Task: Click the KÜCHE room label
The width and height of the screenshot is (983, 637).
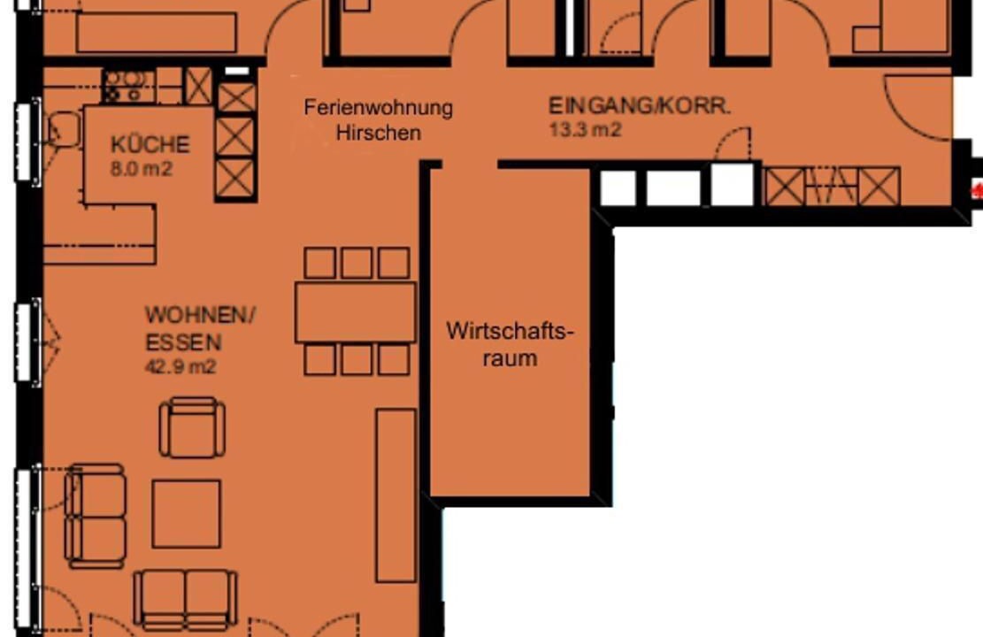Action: click(150, 144)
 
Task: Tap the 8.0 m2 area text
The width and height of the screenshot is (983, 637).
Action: click(141, 169)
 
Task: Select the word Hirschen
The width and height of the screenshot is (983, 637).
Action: click(378, 133)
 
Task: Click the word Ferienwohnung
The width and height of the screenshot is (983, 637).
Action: click(378, 107)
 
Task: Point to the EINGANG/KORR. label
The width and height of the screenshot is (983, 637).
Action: click(640, 105)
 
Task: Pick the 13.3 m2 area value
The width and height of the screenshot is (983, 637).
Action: click(585, 130)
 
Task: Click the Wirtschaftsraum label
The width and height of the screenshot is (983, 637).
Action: click(510, 344)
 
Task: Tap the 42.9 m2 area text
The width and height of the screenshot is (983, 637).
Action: click(180, 366)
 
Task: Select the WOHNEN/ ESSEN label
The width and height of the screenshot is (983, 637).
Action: click(200, 328)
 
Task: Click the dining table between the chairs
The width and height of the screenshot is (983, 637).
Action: click(356, 312)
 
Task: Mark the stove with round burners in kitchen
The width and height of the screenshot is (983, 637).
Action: click(128, 87)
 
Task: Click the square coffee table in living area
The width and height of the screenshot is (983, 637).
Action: click(186, 514)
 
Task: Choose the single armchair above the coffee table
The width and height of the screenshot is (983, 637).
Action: click(192, 427)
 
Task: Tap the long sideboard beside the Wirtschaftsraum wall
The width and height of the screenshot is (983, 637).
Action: click(396, 495)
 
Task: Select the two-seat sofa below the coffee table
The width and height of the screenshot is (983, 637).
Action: click(186, 599)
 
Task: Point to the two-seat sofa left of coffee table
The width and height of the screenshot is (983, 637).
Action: click(96, 516)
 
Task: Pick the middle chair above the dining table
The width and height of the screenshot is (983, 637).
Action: click(357, 263)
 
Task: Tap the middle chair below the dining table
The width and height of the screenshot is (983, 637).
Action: click(357, 360)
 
